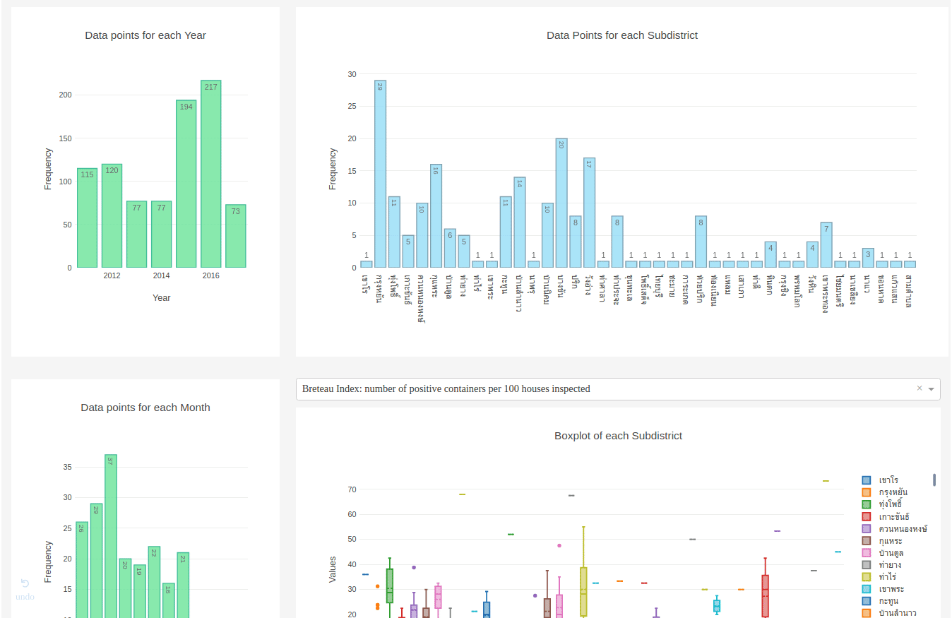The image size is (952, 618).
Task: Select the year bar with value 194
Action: [186, 184]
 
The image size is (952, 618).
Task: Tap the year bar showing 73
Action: [236, 236]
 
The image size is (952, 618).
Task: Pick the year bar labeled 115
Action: [87, 218]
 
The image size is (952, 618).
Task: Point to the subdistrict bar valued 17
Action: [590, 213]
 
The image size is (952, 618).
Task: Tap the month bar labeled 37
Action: [111, 537]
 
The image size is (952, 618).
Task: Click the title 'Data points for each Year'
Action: [145, 35]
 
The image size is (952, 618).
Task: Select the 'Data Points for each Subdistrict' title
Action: [622, 35]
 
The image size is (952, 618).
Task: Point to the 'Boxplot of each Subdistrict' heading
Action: [618, 436]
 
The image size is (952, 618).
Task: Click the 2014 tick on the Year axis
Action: [161, 275]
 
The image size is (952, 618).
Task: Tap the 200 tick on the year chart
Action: [65, 95]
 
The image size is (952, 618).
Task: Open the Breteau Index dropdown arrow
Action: [931, 389]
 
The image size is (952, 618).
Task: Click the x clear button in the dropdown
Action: [920, 388]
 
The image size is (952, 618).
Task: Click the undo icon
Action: [25, 583]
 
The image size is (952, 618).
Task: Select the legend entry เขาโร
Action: [893, 480]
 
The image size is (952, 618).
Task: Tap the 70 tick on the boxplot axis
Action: [351, 489]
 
